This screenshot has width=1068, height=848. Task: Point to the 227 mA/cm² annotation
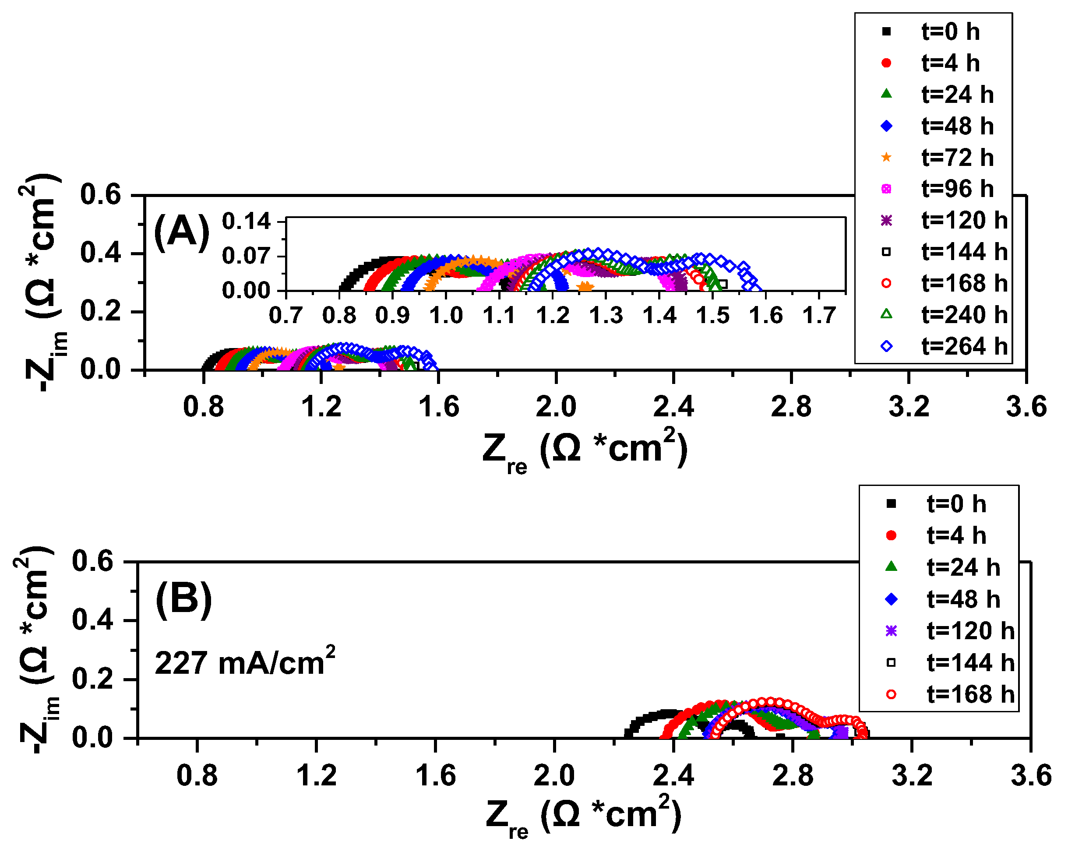[x=245, y=662]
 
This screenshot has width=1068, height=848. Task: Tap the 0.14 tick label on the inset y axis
[x=246, y=222]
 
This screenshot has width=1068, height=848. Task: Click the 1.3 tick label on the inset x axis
[x=606, y=316]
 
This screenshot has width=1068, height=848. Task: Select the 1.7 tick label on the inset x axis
[x=819, y=316]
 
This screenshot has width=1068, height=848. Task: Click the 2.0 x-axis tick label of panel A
[x=556, y=407]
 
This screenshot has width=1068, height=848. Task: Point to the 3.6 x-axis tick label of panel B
[x=1031, y=776]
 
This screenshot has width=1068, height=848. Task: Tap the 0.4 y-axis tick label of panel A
[x=101, y=253]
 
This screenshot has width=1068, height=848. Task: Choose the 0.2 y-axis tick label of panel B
[x=93, y=679]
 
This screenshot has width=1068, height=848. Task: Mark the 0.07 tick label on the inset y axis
[x=246, y=256]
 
